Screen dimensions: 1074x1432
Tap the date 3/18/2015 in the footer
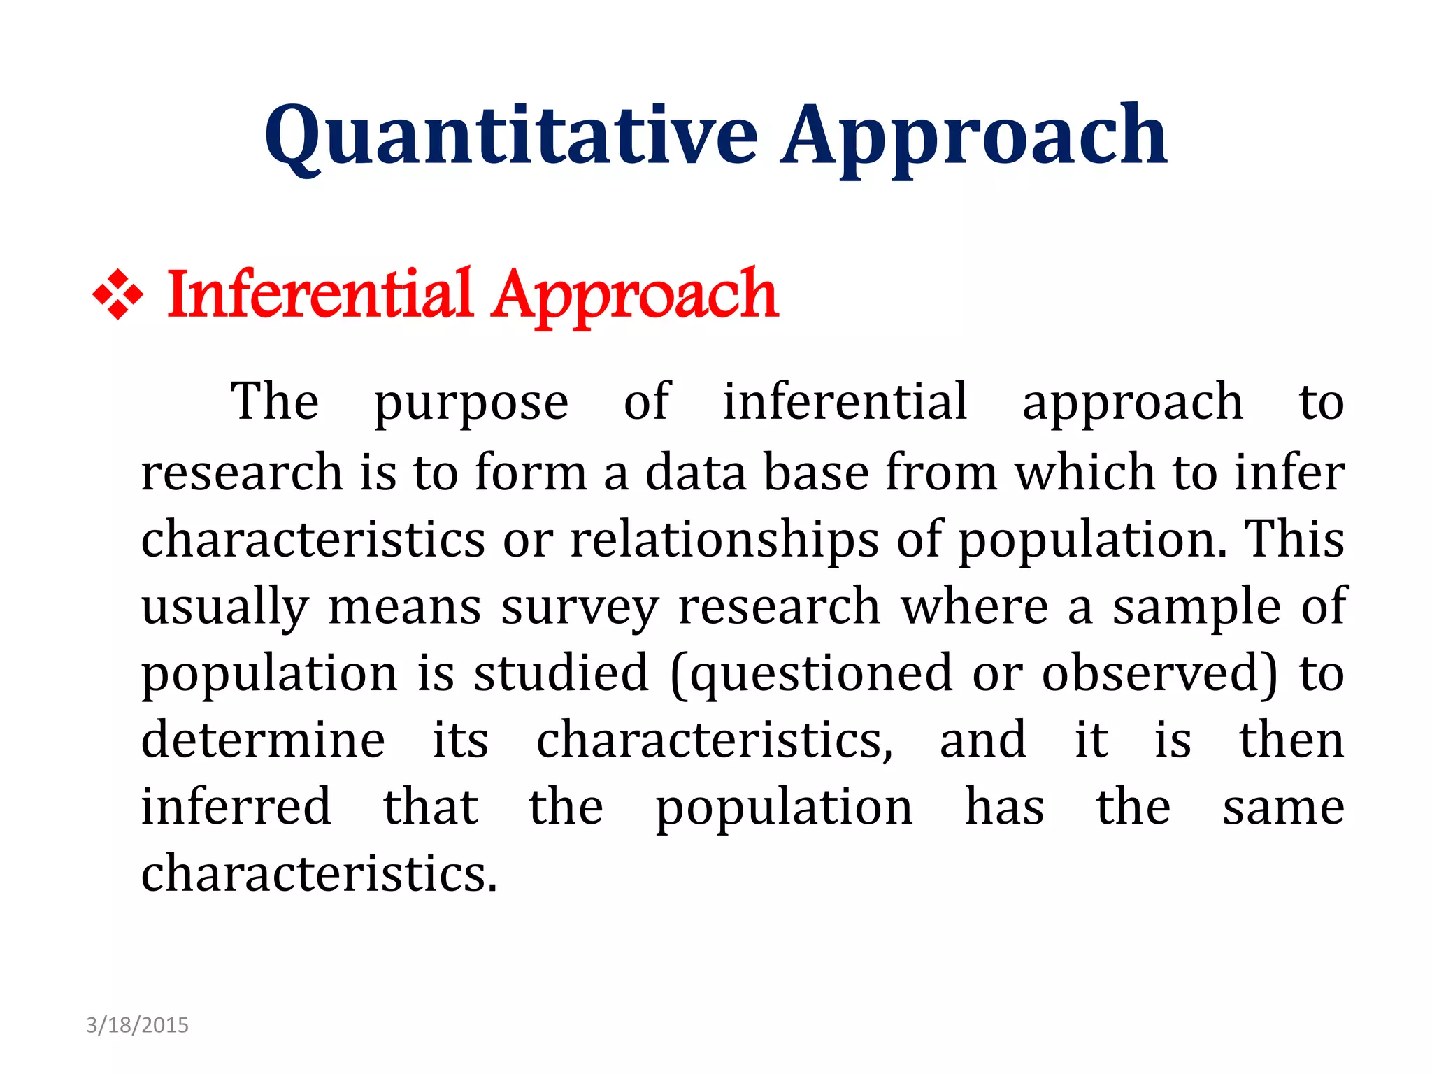pos(137,1025)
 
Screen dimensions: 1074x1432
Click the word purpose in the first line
pos(471,404)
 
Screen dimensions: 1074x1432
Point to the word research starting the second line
pos(242,473)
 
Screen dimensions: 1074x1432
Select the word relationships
pos(724,540)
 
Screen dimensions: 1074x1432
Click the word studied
pos(561,674)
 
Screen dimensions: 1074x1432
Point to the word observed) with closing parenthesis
pos(1160,674)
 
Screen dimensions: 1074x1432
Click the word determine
pos(263,740)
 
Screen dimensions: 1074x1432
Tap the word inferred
pos(236,807)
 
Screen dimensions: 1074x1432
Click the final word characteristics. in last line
pos(319,874)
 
